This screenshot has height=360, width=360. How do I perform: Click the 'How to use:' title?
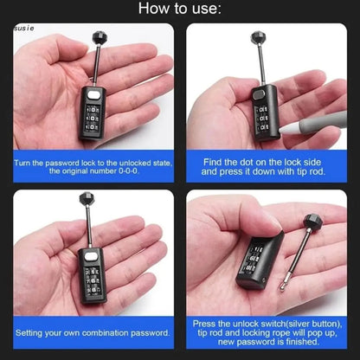180,10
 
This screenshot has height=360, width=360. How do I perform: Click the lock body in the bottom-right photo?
248,262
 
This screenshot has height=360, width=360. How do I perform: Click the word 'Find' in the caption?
216,162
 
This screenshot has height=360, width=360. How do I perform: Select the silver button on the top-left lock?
93,93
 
